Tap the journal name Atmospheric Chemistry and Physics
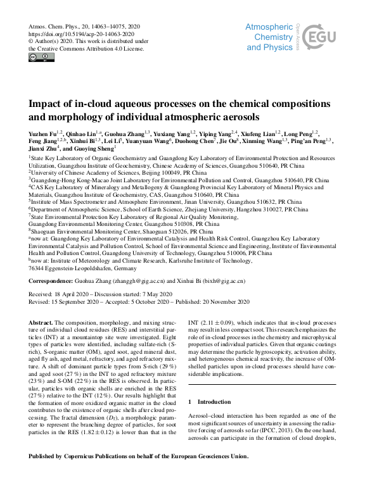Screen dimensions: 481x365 point(269,37)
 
